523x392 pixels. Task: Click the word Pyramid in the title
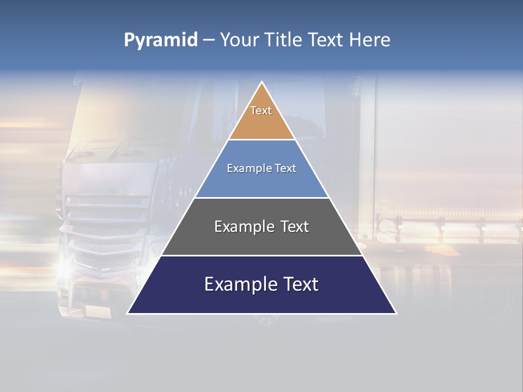[x=160, y=40]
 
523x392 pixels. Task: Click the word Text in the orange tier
[x=261, y=111]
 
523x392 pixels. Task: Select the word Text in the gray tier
[x=292, y=226]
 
